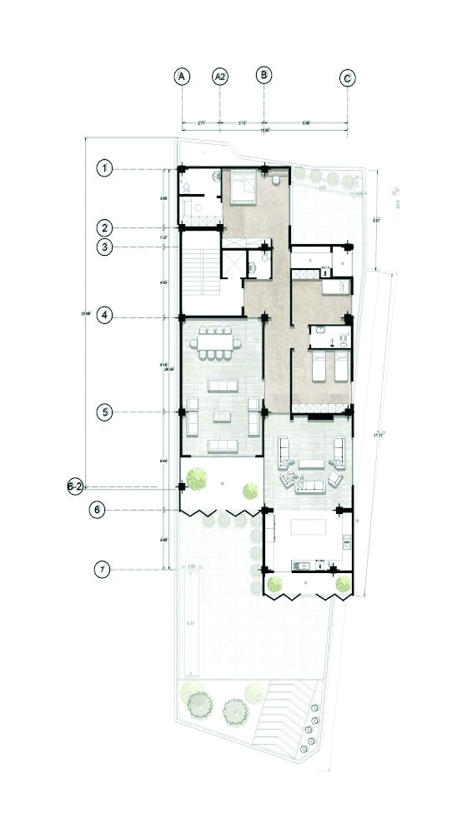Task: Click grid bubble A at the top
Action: click(x=182, y=77)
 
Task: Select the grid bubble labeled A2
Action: click(x=220, y=77)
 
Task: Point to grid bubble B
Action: click(x=264, y=76)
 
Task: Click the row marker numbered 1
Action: click(x=104, y=168)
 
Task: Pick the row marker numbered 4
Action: click(x=104, y=316)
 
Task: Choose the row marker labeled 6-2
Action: click(x=75, y=488)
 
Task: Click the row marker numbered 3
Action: click(x=104, y=247)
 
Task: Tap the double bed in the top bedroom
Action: click(x=243, y=187)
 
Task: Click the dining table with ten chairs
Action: click(x=218, y=343)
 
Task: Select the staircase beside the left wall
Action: click(x=200, y=271)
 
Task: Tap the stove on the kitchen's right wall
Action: click(x=344, y=542)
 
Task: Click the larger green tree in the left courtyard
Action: click(x=198, y=479)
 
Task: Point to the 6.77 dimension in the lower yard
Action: click(x=190, y=623)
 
